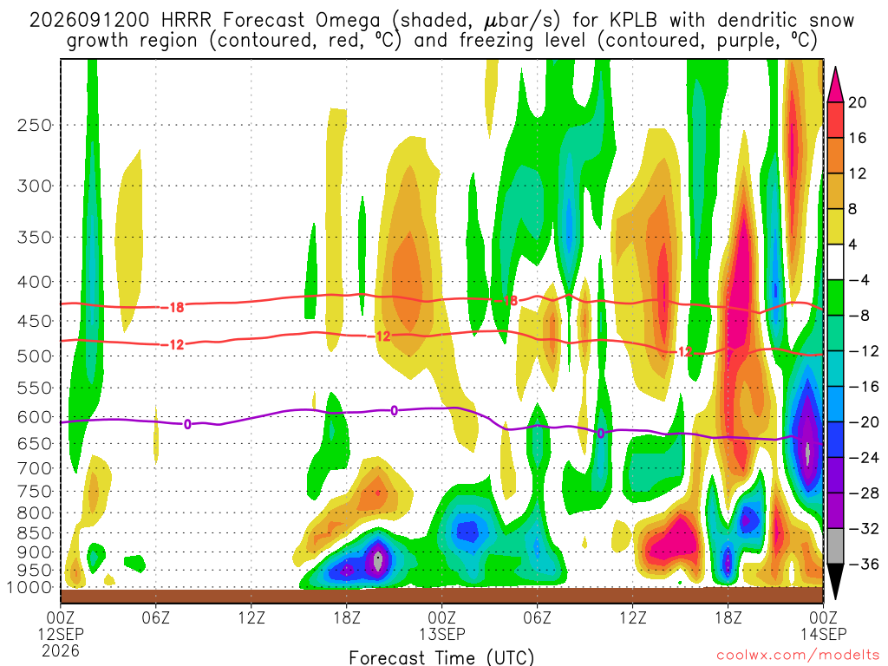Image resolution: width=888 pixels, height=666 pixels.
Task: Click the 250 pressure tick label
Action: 35,125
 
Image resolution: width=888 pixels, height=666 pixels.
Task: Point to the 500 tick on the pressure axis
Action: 35,356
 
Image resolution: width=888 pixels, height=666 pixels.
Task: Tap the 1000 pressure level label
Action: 29,588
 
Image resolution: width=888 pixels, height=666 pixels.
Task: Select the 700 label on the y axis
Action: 35,469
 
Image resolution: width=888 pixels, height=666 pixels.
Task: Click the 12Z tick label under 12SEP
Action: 251,617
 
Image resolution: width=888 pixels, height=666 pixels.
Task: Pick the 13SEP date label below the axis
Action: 442,634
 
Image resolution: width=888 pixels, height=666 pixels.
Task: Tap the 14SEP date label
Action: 824,634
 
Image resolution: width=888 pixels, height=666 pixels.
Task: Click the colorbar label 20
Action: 857,102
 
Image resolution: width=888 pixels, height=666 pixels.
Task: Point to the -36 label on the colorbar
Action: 864,564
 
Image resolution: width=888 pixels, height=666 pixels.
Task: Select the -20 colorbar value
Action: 864,422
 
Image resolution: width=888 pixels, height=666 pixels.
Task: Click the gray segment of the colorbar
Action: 835,546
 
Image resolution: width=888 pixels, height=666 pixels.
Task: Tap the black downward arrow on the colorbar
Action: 835,581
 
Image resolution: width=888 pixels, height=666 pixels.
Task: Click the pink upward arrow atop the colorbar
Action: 835,85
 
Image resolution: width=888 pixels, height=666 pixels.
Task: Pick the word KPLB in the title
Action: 633,21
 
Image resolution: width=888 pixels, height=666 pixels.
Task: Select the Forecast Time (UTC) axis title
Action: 441,657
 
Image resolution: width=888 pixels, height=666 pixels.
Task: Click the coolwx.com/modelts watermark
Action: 798,655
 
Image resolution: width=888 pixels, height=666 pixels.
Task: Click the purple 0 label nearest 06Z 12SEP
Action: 187,424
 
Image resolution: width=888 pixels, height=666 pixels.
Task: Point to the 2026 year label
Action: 61,650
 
